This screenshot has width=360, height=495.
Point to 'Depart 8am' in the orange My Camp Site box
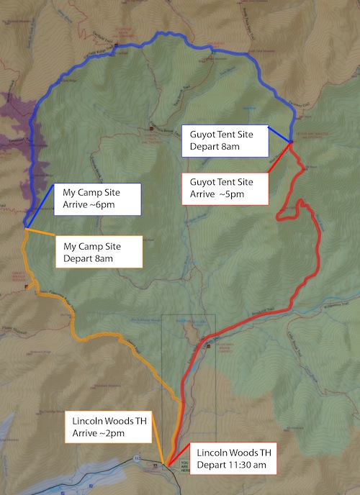pyautogui.click(x=85, y=257)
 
